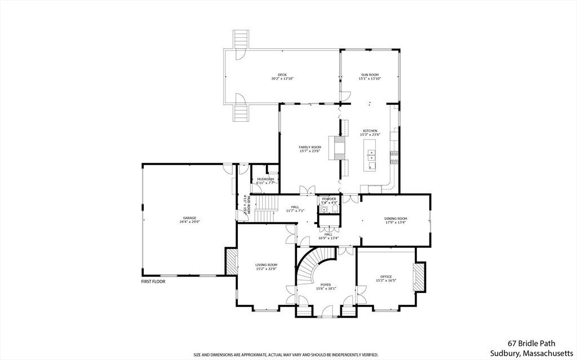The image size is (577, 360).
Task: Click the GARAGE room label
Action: coord(189,217)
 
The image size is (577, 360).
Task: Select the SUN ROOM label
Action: coord(370,74)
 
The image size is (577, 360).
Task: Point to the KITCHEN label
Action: coord(370,131)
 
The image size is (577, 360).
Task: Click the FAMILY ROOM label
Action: coord(310,147)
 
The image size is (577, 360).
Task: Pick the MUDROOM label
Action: coord(265,179)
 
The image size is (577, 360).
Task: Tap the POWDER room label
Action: coord(329,198)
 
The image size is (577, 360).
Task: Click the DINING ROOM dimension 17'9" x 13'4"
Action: coord(396,222)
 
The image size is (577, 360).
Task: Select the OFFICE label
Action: coord(386,277)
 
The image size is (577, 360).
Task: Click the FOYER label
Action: coord(326,285)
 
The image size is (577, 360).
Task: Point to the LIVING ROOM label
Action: coord(266,265)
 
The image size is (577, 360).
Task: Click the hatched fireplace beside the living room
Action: coord(230,262)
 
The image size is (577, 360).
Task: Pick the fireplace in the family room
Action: coord(339,148)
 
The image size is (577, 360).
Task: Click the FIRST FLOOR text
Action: coord(153,281)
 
